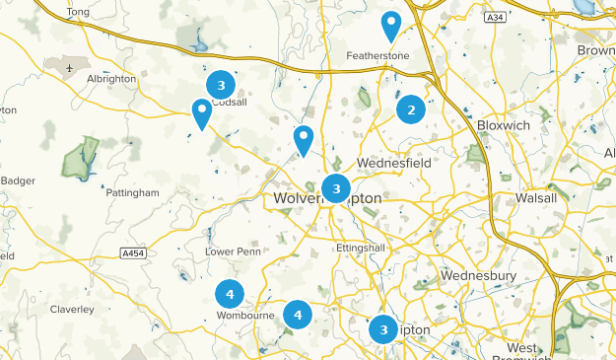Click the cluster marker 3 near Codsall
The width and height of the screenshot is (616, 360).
pyautogui.click(x=221, y=84)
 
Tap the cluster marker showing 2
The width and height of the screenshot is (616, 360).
pyautogui.click(x=411, y=109)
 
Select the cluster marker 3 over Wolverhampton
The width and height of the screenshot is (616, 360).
pyautogui.click(x=336, y=187)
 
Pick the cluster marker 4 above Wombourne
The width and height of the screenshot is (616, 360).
pyautogui.click(x=230, y=293)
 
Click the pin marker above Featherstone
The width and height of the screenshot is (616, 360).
pyautogui.click(x=391, y=26)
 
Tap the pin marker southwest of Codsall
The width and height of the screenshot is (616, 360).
pyautogui.click(x=202, y=113)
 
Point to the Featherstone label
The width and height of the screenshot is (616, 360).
pyautogui.click(x=377, y=56)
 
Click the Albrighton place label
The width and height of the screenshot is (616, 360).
pyautogui.click(x=110, y=79)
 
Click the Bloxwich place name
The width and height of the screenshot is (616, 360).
pyautogui.click(x=503, y=126)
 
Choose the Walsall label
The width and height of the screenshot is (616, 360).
pyautogui.click(x=536, y=198)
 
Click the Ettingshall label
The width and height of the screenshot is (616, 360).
pyautogui.click(x=364, y=247)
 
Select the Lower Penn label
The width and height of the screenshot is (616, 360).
pyautogui.click(x=231, y=252)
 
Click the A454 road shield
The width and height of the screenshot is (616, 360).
pyautogui.click(x=133, y=252)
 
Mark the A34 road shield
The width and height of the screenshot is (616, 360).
pyautogui.click(x=495, y=18)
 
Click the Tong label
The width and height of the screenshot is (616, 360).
pyautogui.click(x=79, y=12)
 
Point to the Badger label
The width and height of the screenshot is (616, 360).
pyautogui.click(x=18, y=180)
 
